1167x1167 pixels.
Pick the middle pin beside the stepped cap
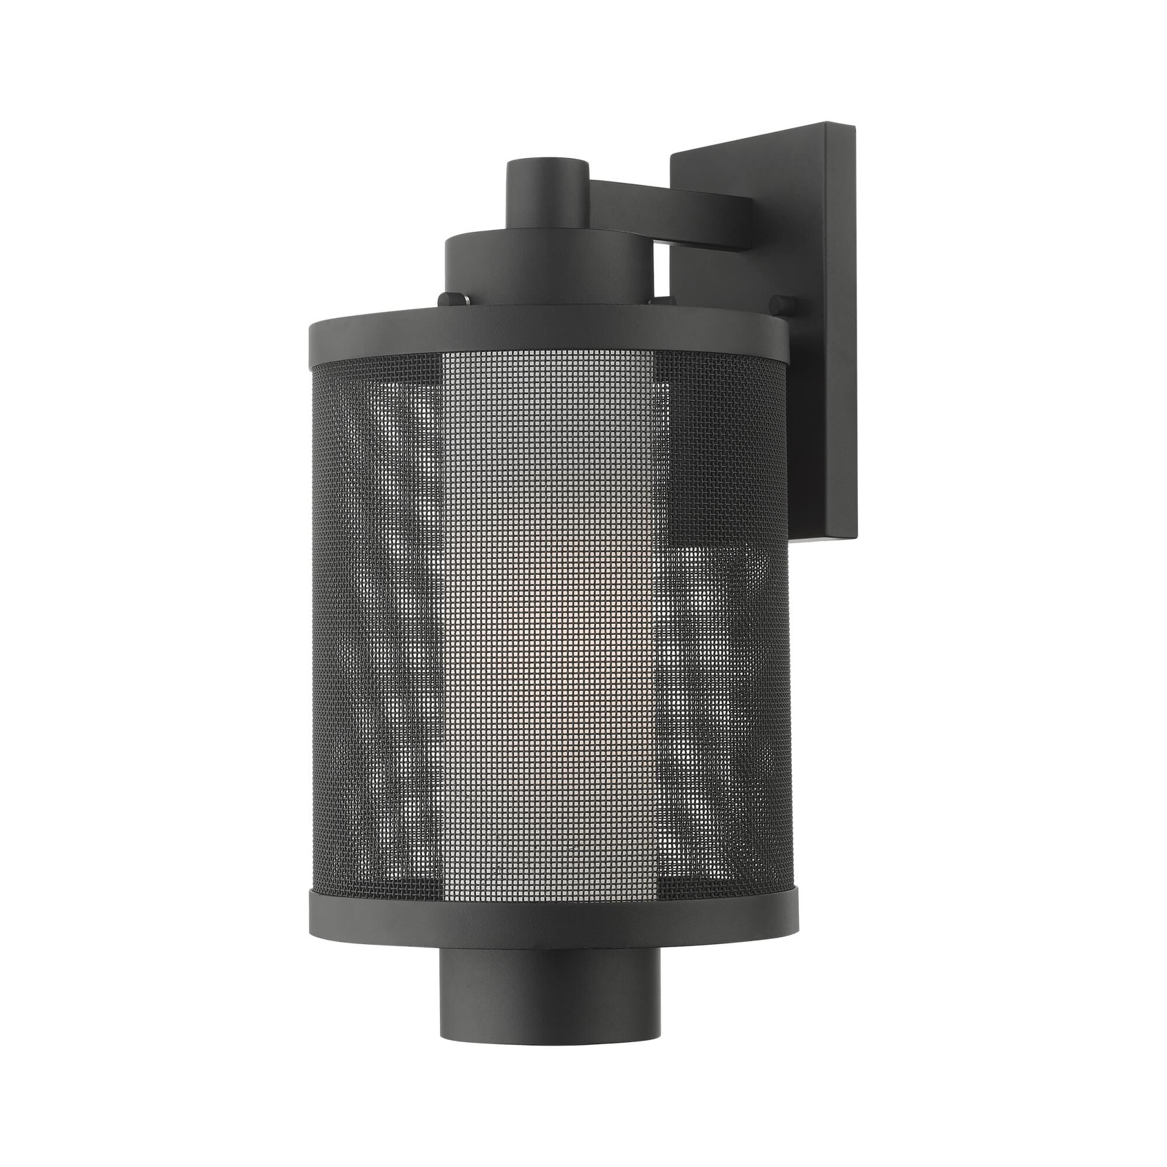pyautogui.click(x=657, y=299)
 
